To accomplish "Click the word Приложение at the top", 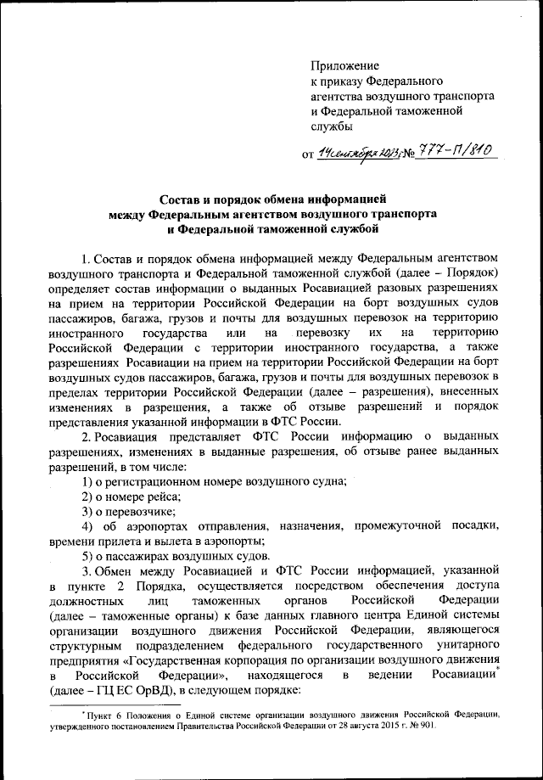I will tap(345, 65).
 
